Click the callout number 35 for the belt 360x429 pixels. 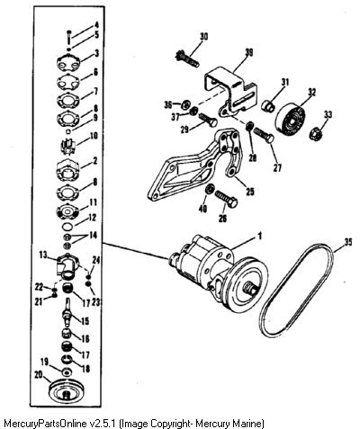point(347,242)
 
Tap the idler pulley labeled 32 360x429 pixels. point(290,119)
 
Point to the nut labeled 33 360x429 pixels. point(316,133)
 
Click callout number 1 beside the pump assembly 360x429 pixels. point(260,236)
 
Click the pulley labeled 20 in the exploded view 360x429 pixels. point(67,392)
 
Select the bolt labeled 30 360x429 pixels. point(186,59)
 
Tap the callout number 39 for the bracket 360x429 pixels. point(248,53)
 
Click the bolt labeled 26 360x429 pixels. point(227,199)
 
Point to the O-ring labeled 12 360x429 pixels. point(68,225)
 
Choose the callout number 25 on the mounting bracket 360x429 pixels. point(250,192)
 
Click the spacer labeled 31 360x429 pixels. point(268,106)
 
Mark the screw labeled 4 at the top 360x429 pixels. point(69,37)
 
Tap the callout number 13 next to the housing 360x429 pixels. point(44,255)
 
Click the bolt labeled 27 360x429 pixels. point(264,135)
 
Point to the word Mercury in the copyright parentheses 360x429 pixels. point(214,424)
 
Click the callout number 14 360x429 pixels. point(93,236)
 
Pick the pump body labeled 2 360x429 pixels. point(67,170)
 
